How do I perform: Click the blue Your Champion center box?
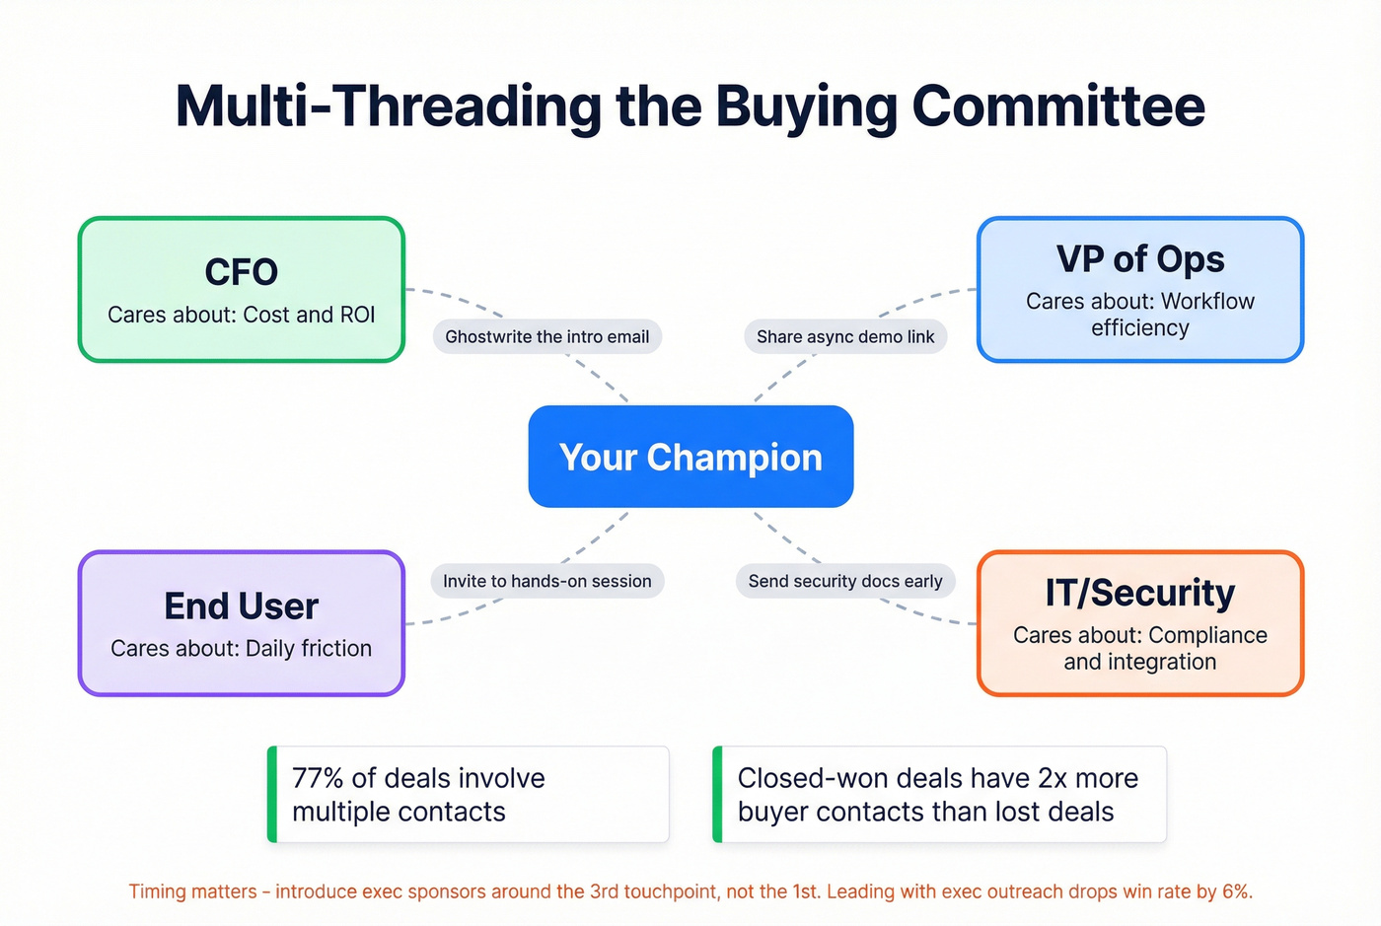(690, 457)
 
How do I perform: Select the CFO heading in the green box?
(241, 272)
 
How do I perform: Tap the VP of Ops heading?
(1139, 259)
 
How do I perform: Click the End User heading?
(241, 605)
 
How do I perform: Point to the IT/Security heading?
(1139, 593)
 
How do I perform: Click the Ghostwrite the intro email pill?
(546, 336)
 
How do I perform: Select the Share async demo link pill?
(844, 336)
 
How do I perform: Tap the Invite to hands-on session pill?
(546, 581)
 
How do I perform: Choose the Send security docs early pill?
(844, 581)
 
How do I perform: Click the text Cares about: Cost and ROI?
(241, 315)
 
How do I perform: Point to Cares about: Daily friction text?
(241, 648)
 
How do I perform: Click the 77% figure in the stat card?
(318, 778)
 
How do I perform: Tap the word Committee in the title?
(1058, 107)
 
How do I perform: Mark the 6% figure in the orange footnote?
(1235, 891)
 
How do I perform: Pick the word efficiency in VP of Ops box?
(1139, 327)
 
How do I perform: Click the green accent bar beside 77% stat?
(272, 794)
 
